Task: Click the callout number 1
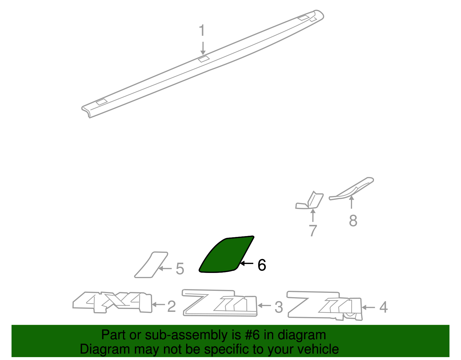click(x=202, y=31)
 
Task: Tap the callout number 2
click(x=171, y=306)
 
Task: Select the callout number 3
click(x=279, y=307)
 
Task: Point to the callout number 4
click(x=383, y=307)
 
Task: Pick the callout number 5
click(x=180, y=269)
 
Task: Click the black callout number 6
click(x=262, y=265)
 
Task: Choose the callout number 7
click(x=313, y=231)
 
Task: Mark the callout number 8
click(x=353, y=221)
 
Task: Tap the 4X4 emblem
click(x=112, y=303)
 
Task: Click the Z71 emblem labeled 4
click(x=324, y=305)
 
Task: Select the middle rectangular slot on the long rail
click(x=204, y=59)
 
